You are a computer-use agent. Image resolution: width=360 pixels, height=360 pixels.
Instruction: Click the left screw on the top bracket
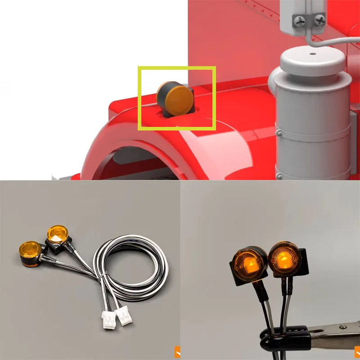[299, 20]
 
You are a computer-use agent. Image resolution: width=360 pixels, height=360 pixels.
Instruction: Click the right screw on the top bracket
[319, 20]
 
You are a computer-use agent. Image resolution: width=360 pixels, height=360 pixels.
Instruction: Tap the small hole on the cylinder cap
[312, 54]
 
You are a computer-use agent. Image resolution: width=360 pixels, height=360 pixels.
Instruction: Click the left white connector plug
[109, 319]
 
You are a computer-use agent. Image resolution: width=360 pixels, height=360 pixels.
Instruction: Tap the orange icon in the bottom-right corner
[357, 351]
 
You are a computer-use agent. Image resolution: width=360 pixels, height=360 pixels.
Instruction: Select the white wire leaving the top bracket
[333, 40]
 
